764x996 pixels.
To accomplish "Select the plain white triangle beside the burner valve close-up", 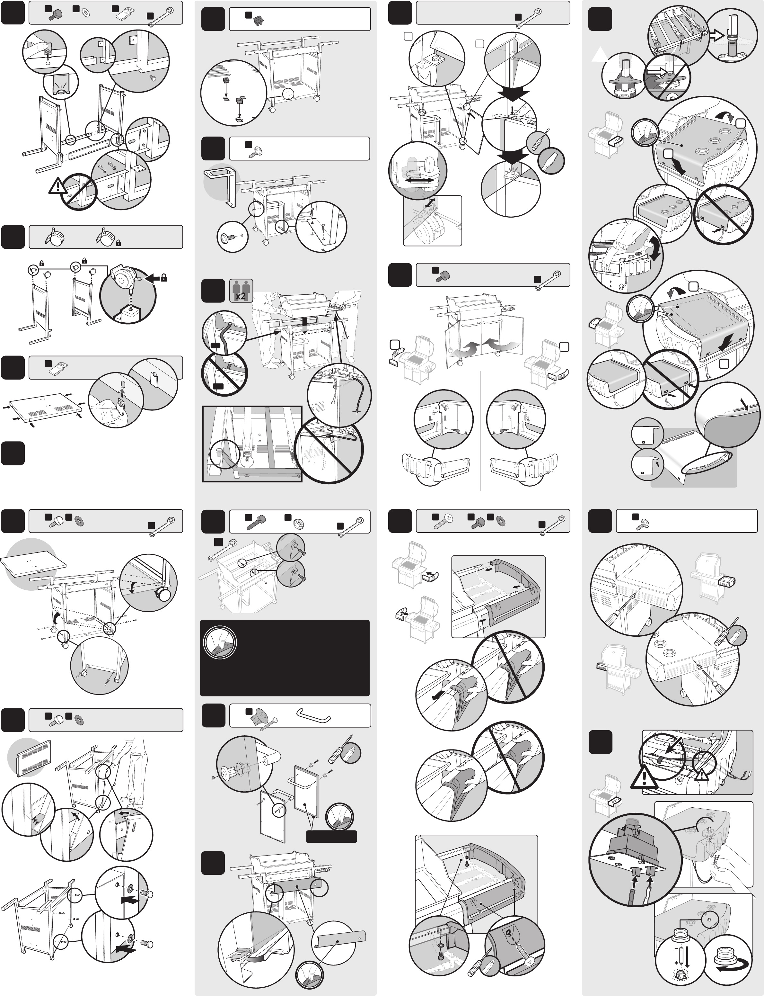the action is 599,55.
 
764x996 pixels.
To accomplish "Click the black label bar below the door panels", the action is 331,836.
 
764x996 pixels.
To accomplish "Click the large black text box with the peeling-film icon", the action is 285,658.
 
